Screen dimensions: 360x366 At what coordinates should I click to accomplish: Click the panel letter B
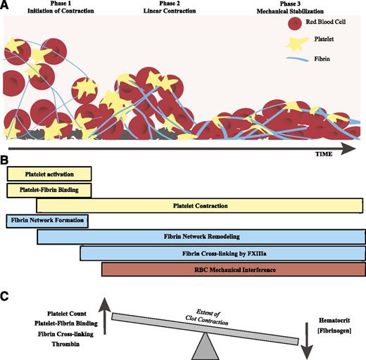pos(5,160)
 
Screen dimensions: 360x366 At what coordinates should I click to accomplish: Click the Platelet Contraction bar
pos(201,205)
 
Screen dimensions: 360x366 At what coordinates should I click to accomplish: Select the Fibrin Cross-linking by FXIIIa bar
pos(222,253)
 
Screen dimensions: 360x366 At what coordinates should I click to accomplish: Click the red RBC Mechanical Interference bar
pos(233,269)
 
